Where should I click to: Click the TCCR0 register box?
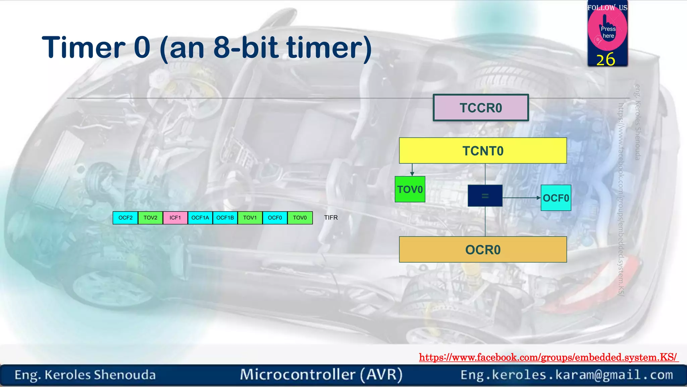pos(481,108)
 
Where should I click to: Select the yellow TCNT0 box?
pos(483,151)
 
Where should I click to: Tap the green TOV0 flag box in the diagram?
pos(410,189)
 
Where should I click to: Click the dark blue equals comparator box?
pos(485,196)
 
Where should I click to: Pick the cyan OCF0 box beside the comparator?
pos(556,198)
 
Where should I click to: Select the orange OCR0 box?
pos(483,250)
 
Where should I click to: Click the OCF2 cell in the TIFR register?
pos(125,218)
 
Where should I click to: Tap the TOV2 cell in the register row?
pos(150,218)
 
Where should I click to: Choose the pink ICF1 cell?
pos(175,218)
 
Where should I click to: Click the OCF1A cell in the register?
pos(200,218)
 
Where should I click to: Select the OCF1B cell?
pos(225,218)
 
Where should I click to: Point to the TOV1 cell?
pos(250,218)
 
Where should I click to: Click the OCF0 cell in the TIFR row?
pos(275,218)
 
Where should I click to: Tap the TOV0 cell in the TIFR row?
pos(300,218)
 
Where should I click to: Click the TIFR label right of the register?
pos(331,218)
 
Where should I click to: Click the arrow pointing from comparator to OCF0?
pos(522,198)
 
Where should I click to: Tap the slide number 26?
pos(606,60)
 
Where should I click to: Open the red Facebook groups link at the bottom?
pos(548,357)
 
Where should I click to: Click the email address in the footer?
pos(567,375)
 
